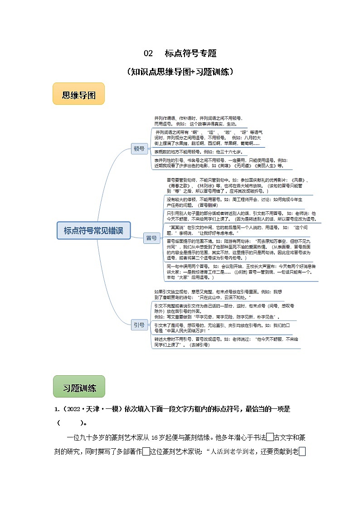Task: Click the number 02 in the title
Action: pyautogui.click(x=148, y=53)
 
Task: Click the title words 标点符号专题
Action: pyautogui.click(x=190, y=53)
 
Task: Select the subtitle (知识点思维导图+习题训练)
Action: pyautogui.click(x=180, y=72)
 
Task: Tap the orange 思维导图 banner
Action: pyautogui.click(x=78, y=95)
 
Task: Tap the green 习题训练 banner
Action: pyautogui.click(x=79, y=388)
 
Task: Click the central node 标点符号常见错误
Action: pyautogui.click(x=93, y=230)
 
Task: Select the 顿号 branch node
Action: pyautogui.click(x=139, y=148)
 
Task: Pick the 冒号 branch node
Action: pyautogui.click(x=151, y=238)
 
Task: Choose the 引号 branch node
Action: pyautogui.click(x=139, y=325)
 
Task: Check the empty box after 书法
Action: pyautogui.click(x=270, y=437)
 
